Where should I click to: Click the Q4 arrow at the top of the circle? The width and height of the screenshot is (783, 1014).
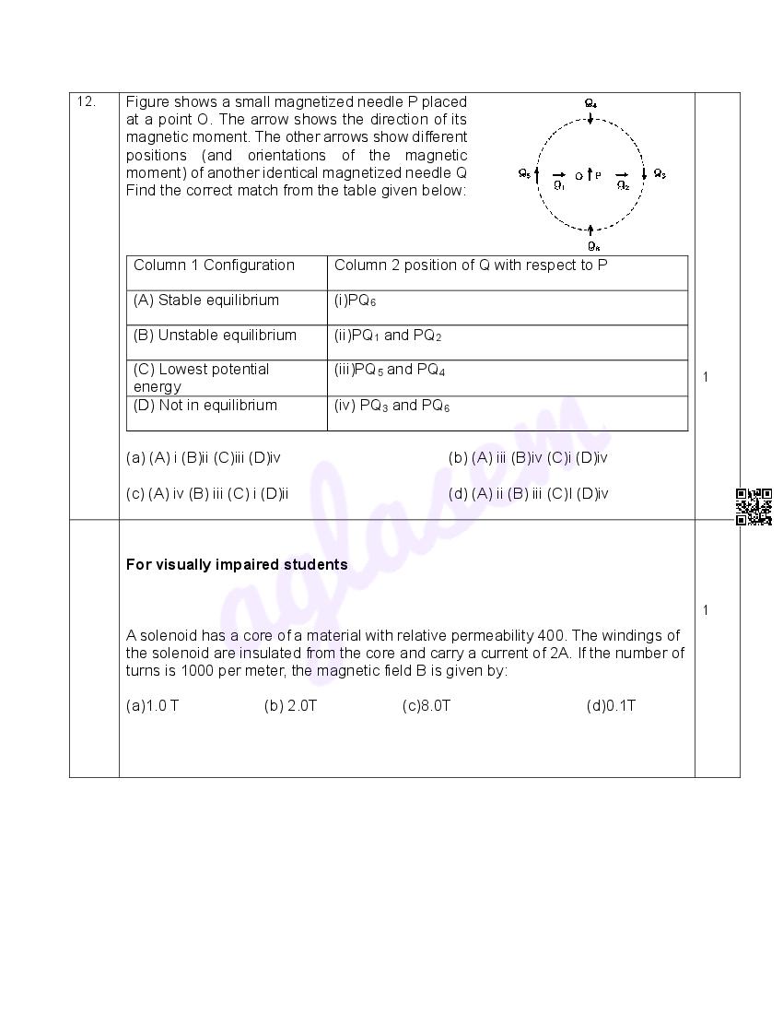click(x=590, y=119)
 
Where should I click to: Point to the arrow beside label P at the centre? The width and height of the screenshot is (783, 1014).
click(x=590, y=173)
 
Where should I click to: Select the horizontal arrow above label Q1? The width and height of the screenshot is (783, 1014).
click(x=558, y=174)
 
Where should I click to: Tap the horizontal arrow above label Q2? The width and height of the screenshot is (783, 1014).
click(x=622, y=174)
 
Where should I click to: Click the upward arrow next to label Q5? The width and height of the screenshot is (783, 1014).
click(x=536, y=173)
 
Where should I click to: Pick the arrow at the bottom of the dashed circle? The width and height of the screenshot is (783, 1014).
click(x=590, y=230)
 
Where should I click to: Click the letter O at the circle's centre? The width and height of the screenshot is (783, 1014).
click(x=578, y=175)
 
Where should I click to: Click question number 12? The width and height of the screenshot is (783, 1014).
click(x=87, y=102)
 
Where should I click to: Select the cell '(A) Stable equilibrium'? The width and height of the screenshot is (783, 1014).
click(x=206, y=301)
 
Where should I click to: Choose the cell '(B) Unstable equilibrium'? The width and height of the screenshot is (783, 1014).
click(x=216, y=336)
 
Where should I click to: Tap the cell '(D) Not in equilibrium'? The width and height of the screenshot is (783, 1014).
click(x=205, y=406)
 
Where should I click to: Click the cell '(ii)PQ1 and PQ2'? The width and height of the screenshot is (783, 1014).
click(x=388, y=336)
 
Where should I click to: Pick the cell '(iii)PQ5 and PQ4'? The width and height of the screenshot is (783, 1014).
click(x=390, y=370)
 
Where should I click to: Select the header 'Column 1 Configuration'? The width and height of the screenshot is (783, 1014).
click(x=214, y=265)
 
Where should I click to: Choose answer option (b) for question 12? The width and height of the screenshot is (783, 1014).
click(x=528, y=457)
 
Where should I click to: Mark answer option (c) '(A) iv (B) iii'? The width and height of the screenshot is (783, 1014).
click(x=207, y=493)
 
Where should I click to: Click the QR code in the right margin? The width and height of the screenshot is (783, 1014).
click(x=754, y=507)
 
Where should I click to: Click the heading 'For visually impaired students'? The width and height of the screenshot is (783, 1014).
click(x=237, y=564)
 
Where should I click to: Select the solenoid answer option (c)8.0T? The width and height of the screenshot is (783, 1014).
click(x=427, y=706)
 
